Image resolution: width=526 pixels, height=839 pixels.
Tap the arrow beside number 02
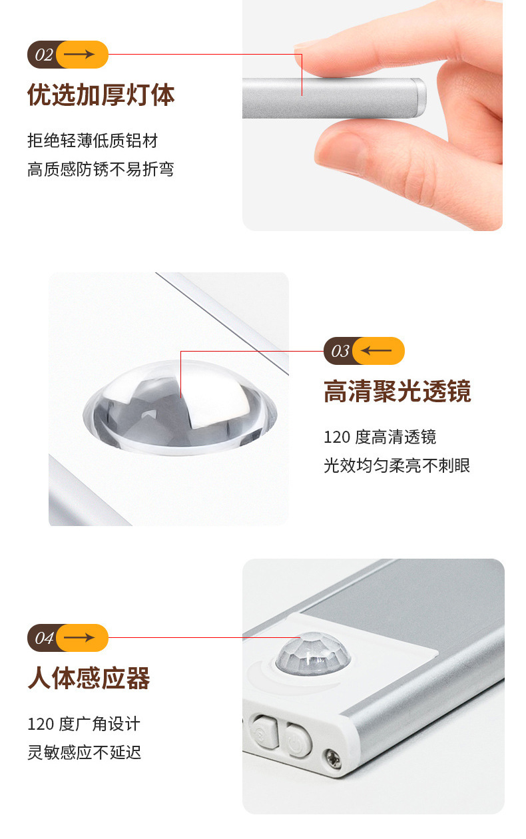pyautogui.click(x=79, y=55)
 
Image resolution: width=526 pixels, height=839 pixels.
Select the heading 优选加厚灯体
pyautogui.click(x=101, y=95)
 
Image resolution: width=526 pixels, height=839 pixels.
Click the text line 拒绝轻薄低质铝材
pyautogui.click(x=93, y=141)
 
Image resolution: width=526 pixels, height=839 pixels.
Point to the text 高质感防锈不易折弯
pyautogui.click(x=101, y=169)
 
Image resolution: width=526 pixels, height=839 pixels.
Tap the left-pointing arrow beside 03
pyautogui.click(x=376, y=350)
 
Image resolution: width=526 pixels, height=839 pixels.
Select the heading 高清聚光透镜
pyautogui.click(x=397, y=392)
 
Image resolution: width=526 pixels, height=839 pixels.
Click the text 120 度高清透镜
pyautogui.click(x=380, y=437)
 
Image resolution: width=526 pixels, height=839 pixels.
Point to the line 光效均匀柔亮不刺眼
pyautogui.click(x=397, y=465)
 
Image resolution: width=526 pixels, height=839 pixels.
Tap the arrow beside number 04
pyautogui.click(x=79, y=637)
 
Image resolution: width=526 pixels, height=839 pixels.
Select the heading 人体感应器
pyautogui.click(x=89, y=679)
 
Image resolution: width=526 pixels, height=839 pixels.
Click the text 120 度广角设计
pyautogui.click(x=84, y=724)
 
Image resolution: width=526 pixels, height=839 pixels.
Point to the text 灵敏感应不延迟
pyautogui.click(x=85, y=752)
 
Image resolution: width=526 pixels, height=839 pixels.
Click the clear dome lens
pyautogui.click(x=180, y=408)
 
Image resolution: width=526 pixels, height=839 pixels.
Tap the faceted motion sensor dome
pyautogui.click(x=313, y=652)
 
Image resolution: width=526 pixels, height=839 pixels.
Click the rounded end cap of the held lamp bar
pyautogui.click(x=419, y=97)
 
